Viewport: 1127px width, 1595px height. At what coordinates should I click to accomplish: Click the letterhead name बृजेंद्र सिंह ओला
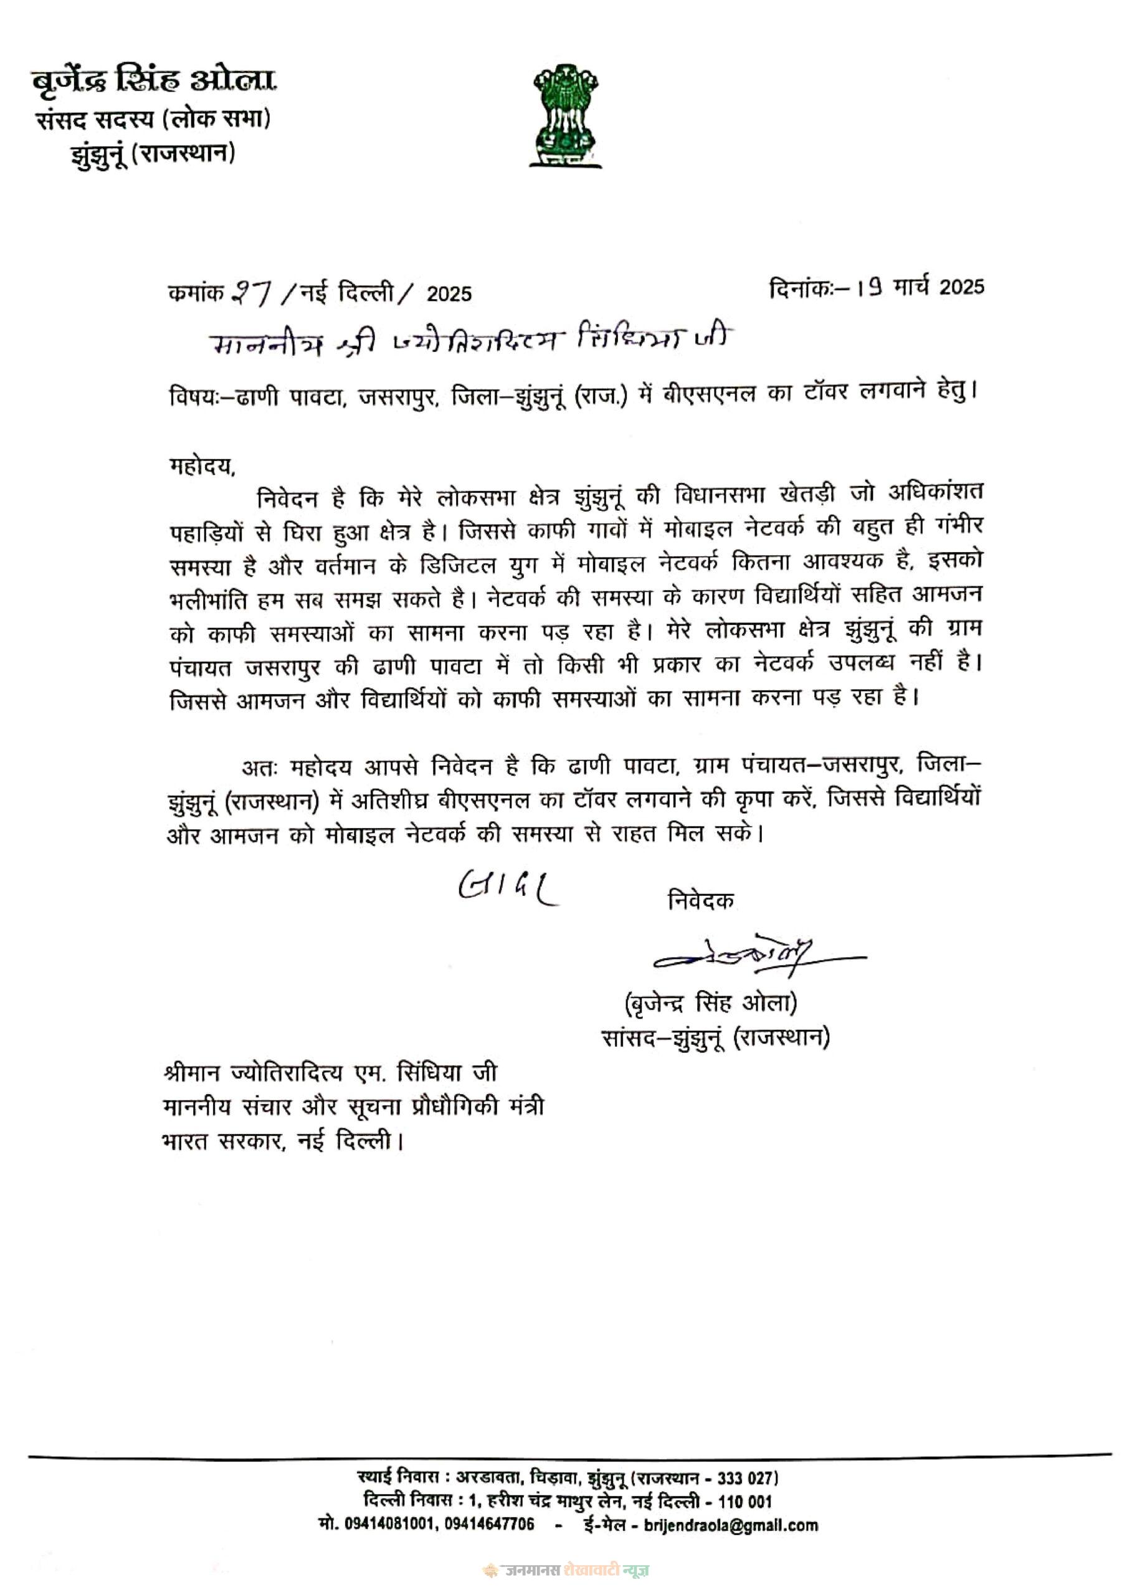155,83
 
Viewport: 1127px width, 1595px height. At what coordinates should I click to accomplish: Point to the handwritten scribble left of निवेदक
508,887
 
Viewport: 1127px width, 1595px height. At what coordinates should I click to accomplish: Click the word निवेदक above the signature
700,900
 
